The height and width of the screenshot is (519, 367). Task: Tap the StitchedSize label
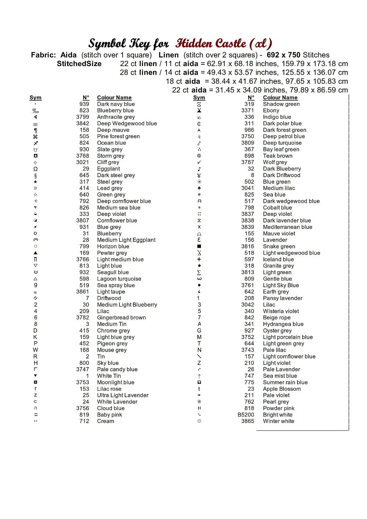click(x=79, y=64)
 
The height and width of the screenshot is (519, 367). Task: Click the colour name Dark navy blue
click(x=116, y=104)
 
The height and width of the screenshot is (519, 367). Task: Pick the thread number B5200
click(x=246, y=415)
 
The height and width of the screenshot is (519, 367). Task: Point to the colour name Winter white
click(x=278, y=421)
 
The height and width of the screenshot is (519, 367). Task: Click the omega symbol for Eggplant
click(x=35, y=169)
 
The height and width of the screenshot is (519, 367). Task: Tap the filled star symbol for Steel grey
click(x=35, y=182)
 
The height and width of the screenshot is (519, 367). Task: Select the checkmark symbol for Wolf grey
click(x=199, y=162)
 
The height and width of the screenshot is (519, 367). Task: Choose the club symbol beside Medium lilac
click(x=199, y=188)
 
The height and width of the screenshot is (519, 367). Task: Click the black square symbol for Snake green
click(x=199, y=246)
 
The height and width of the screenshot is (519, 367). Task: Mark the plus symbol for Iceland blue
click(x=199, y=259)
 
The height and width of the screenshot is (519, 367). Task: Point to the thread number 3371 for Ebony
click(x=248, y=110)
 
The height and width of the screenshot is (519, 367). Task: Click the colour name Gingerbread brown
click(x=121, y=318)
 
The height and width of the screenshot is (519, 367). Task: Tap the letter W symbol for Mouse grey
click(x=35, y=350)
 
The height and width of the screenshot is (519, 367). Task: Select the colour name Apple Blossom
click(x=282, y=389)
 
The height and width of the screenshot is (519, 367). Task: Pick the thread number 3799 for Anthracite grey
click(x=83, y=117)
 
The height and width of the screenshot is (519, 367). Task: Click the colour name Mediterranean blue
click(x=287, y=227)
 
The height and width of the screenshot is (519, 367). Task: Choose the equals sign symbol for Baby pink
click(x=35, y=415)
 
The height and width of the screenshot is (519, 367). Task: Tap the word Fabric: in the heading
click(x=43, y=55)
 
